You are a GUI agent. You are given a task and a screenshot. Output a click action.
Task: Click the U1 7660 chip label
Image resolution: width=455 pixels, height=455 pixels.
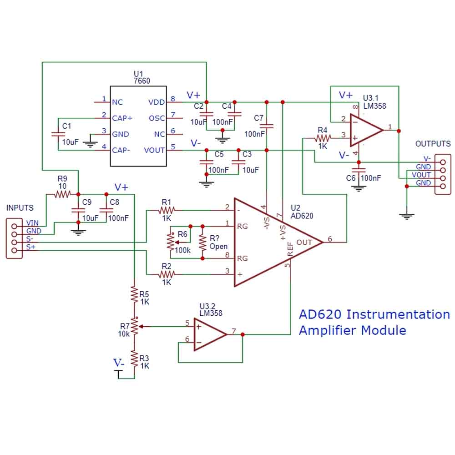[x=142, y=77]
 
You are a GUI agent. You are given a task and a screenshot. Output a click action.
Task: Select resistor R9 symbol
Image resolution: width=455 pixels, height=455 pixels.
[x=62, y=195]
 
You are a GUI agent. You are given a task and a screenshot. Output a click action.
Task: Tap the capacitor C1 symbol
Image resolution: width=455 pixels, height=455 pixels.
[x=57, y=134]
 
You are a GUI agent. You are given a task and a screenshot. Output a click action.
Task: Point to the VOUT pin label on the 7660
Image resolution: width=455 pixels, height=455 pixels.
[x=154, y=150]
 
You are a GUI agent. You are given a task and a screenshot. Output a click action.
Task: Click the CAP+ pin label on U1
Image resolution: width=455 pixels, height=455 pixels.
[x=122, y=118]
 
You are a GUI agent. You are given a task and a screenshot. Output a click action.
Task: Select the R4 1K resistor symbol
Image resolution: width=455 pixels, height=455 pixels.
[x=323, y=136]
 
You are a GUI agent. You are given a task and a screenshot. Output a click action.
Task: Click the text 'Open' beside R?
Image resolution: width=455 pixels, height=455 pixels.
[x=218, y=247]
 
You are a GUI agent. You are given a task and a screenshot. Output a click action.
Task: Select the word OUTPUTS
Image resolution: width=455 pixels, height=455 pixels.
[x=433, y=144]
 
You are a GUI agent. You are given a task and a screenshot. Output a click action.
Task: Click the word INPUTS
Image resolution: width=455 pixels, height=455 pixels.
[x=20, y=208]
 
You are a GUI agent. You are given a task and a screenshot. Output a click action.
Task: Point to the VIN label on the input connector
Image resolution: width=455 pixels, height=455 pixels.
[x=33, y=223]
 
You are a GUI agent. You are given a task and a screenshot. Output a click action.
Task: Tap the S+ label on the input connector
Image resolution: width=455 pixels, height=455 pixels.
[x=31, y=247]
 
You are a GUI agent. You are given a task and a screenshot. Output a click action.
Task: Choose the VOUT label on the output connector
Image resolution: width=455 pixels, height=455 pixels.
[x=421, y=175]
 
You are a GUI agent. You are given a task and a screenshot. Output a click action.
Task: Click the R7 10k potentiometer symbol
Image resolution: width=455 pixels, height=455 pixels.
[x=135, y=326]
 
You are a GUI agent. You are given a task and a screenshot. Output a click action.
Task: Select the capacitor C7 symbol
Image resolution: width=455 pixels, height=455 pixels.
[x=267, y=126]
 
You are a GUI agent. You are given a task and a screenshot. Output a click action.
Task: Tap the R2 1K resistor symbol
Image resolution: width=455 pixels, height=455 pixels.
[x=167, y=274]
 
